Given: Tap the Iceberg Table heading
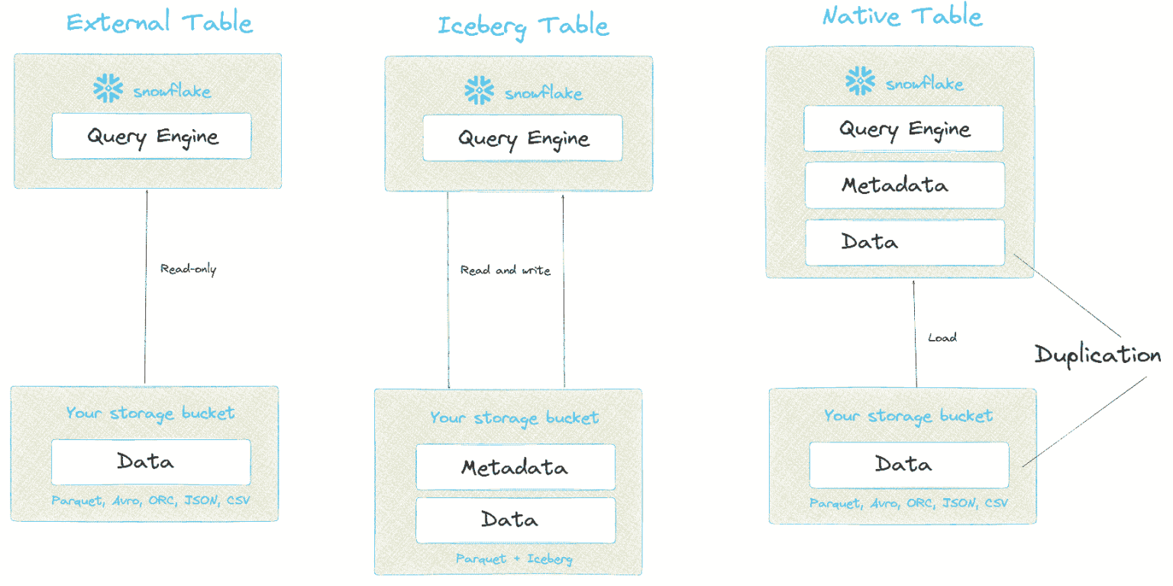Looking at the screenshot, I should (523, 26).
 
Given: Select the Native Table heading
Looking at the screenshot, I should (902, 16).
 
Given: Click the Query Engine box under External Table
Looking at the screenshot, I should (151, 137).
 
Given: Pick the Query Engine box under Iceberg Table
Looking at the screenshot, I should (522, 138).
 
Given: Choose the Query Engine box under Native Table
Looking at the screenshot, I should (903, 128).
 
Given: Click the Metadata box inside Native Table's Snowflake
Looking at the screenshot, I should (904, 185).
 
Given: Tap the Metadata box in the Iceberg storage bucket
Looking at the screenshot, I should (515, 467).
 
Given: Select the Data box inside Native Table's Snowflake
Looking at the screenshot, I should (904, 242).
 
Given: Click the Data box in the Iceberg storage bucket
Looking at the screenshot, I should (515, 520).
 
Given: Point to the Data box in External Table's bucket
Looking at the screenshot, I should (150, 461).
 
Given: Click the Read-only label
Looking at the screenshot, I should (188, 269).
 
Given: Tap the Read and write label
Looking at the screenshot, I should (505, 270).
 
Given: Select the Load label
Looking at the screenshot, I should (942, 337).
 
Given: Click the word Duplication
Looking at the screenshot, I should (1097, 355).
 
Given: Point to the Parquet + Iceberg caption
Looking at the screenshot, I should (513, 559).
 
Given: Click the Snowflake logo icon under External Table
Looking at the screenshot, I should (108, 89).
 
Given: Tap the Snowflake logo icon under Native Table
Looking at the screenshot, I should (860, 81).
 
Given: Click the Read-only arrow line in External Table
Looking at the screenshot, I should (145, 321).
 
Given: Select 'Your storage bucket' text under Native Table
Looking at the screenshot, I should (907, 416).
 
